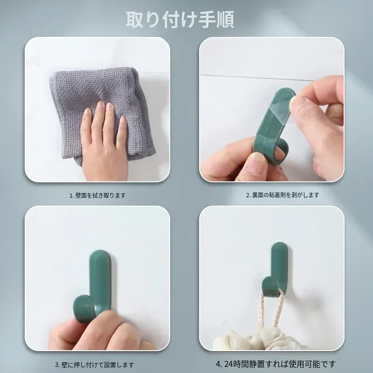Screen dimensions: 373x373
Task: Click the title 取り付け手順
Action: point(180,20)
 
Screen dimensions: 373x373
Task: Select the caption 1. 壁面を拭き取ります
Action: point(97,195)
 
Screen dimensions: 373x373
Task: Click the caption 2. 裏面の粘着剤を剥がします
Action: point(282,195)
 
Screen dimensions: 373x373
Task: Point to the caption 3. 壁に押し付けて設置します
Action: point(95,365)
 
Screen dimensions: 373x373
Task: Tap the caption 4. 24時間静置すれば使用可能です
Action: point(276,364)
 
